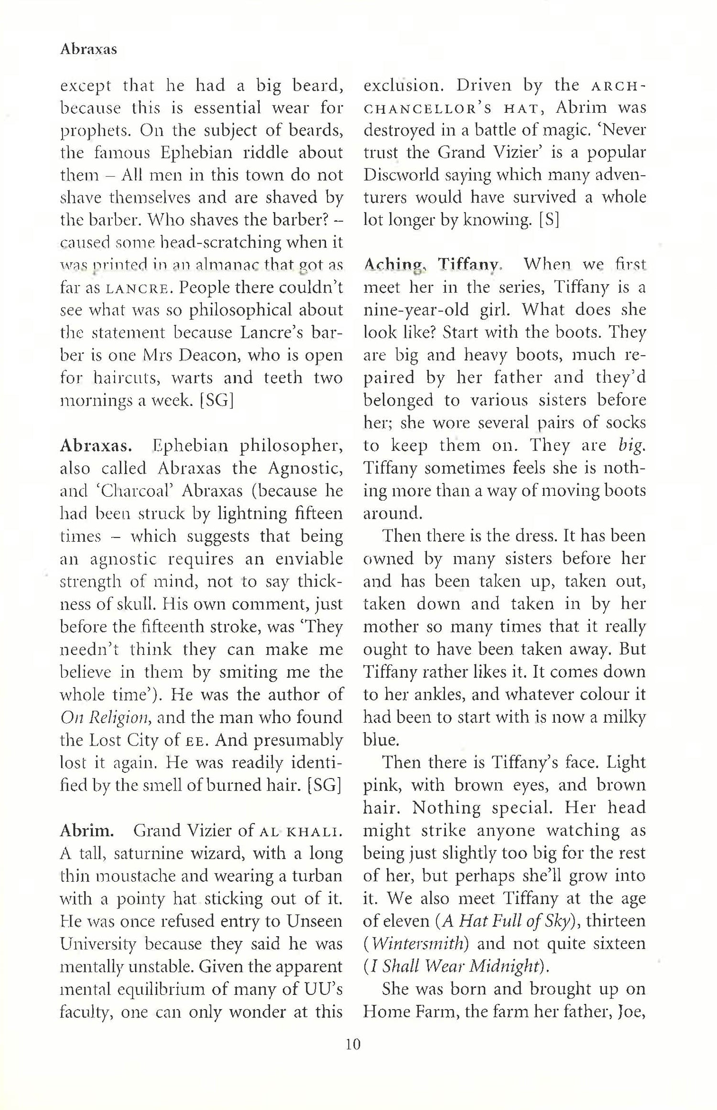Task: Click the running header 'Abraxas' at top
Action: (x=88, y=49)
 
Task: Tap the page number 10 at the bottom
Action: (x=353, y=1058)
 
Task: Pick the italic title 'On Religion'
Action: (x=106, y=717)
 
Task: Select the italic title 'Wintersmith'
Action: (x=418, y=944)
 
